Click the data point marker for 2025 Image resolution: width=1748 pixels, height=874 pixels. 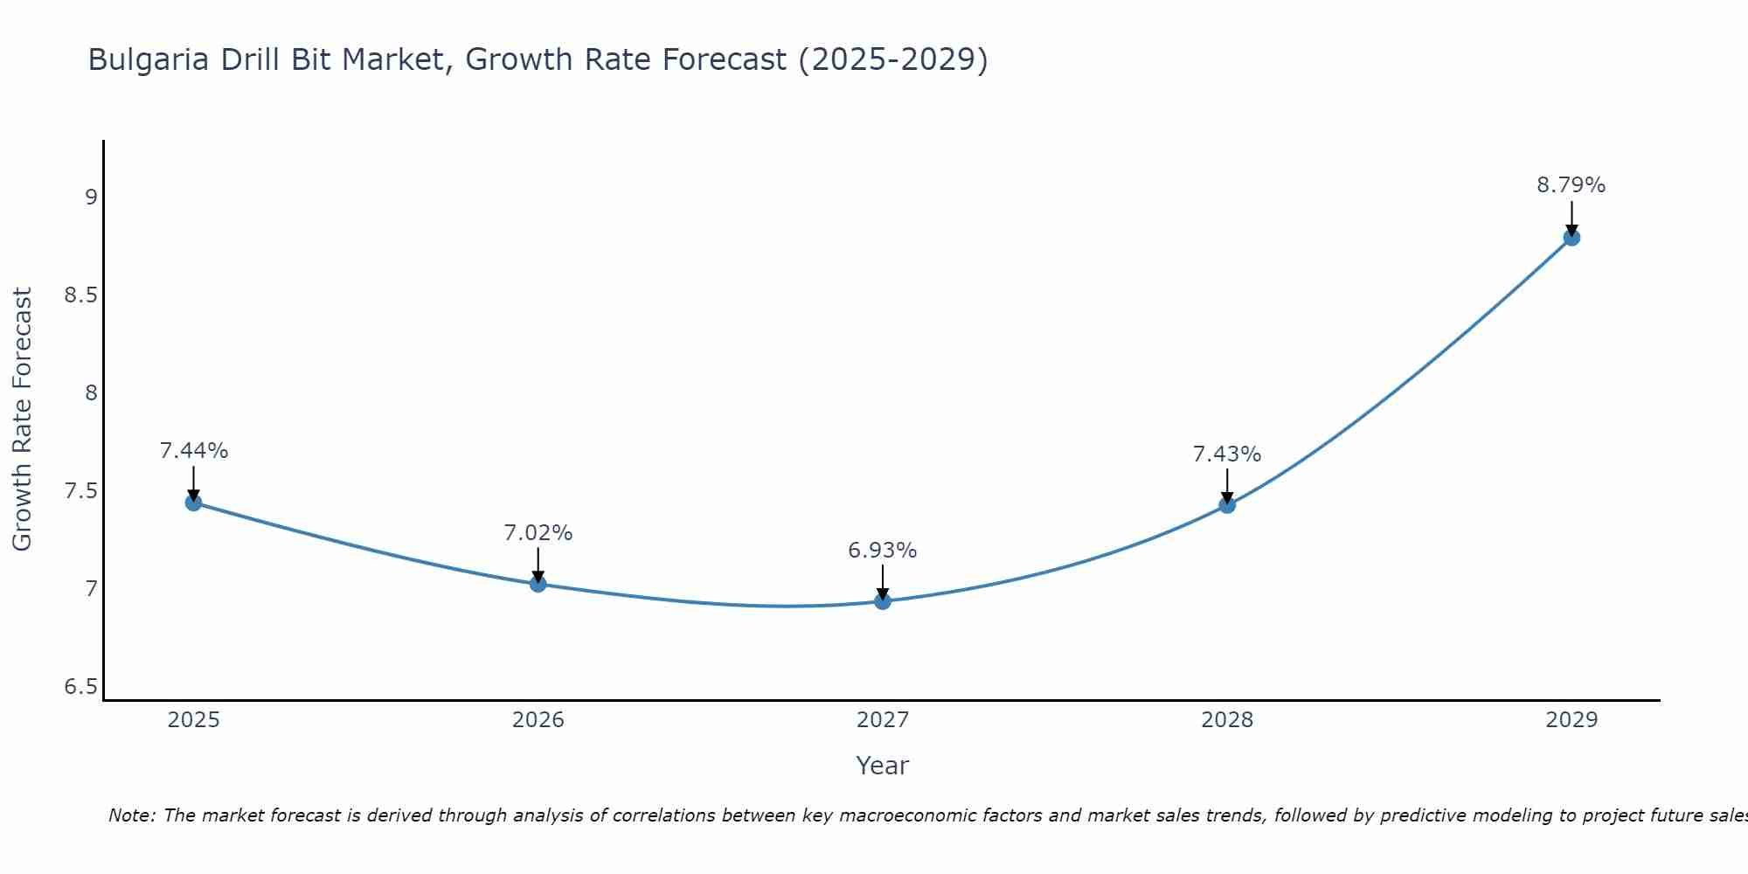click(193, 503)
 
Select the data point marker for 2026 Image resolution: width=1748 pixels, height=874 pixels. click(538, 584)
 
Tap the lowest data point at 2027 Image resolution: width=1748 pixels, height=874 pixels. click(883, 601)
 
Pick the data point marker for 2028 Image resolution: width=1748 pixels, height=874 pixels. click(1227, 505)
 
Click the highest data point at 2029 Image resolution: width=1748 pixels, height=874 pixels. click(1571, 238)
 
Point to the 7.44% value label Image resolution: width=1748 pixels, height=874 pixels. click(193, 451)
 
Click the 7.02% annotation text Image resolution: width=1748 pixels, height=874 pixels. click(538, 533)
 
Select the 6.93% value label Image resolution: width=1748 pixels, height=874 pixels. click(883, 551)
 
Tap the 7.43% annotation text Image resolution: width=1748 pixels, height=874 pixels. click(1227, 454)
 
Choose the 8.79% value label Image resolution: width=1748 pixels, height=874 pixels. click(1571, 185)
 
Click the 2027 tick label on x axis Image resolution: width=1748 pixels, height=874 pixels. click(883, 720)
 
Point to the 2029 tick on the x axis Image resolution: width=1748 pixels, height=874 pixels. click(1571, 720)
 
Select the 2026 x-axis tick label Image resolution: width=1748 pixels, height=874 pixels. click(538, 720)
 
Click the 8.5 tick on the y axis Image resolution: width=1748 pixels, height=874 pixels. click(80, 295)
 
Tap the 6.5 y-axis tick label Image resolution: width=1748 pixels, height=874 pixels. click(80, 687)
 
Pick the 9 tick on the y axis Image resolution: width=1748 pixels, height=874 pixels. click(91, 198)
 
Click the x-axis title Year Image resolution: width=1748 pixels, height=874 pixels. click(883, 766)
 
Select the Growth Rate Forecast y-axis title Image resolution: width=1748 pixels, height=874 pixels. click(23, 420)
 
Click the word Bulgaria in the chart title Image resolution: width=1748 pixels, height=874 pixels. click(149, 59)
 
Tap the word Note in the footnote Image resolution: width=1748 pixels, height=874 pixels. click(131, 815)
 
